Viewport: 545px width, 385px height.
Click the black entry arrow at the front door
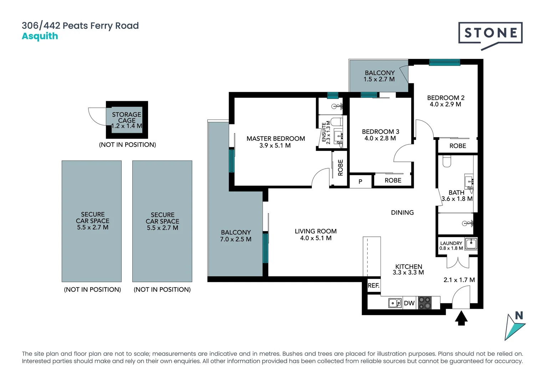(x=461, y=318)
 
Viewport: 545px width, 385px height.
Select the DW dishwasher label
(x=409, y=303)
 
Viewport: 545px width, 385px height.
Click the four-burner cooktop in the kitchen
(x=425, y=303)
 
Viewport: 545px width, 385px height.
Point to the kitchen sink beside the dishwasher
(x=395, y=303)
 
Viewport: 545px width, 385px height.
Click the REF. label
(x=373, y=286)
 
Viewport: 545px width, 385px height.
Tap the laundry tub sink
(x=471, y=244)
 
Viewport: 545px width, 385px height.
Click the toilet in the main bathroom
(x=447, y=161)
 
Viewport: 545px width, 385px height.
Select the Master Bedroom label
(x=276, y=139)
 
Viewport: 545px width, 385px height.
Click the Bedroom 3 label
(x=380, y=132)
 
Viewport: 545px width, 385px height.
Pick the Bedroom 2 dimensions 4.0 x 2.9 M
(x=445, y=104)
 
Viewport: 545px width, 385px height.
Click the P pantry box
(x=360, y=181)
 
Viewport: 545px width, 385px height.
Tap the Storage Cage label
(x=127, y=117)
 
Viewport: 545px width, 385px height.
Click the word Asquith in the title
(x=40, y=36)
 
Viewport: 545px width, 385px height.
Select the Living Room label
(x=316, y=231)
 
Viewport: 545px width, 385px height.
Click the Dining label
(x=402, y=212)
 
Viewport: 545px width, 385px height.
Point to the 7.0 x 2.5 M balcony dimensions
(x=236, y=239)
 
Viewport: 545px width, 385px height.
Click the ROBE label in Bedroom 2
(x=458, y=146)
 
